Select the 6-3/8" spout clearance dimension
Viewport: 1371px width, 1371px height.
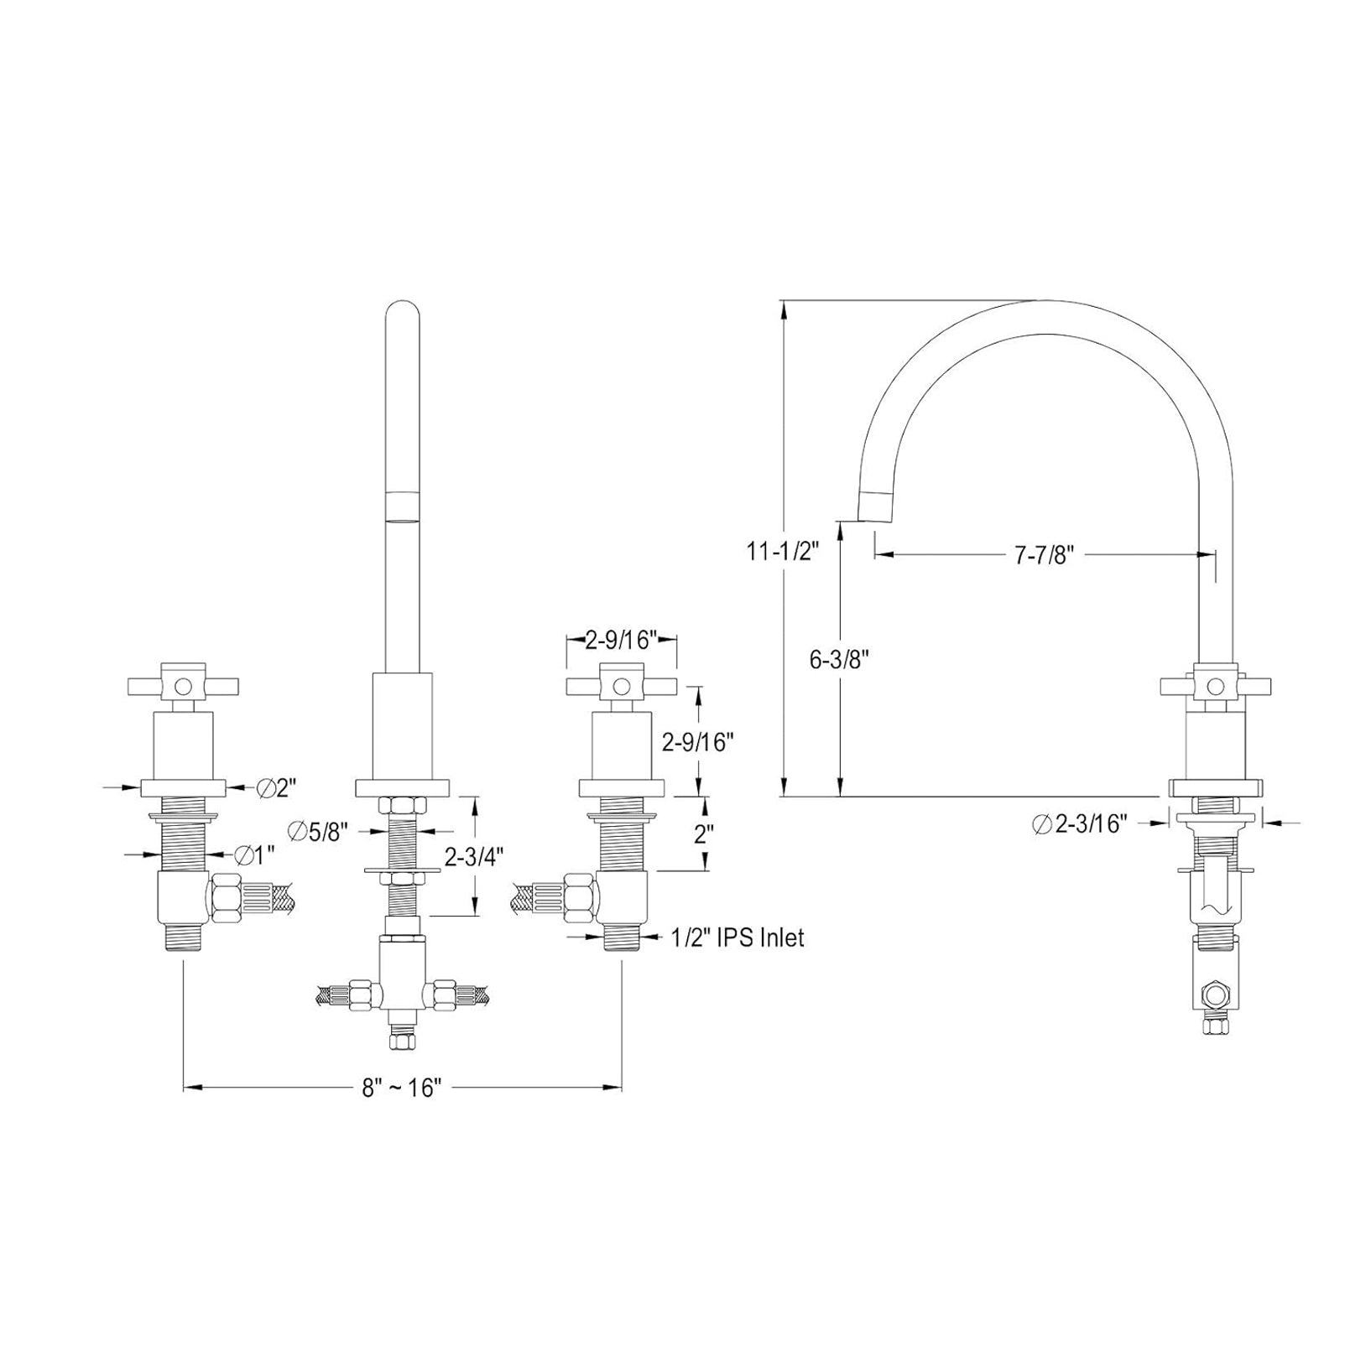pyautogui.click(x=838, y=659)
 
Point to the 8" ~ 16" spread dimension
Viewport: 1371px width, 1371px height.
pyautogui.click(x=402, y=1088)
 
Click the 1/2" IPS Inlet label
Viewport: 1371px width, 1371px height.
pyautogui.click(x=738, y=937)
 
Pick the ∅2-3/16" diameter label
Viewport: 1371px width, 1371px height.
pyautogui.click(x=1079, y=823)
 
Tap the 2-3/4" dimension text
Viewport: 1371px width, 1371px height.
pyautogui.click(x=474, y=858)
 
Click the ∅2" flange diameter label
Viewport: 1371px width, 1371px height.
pyautogui.click(x=278, y=787)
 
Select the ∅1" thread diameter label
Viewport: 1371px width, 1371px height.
pyautogui.click(x=255, y=854)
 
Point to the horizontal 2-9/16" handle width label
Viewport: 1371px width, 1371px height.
pyautogui.click(x=621, y=641)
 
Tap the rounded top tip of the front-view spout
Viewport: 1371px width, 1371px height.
pyautogui.click(x=402, y=312)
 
